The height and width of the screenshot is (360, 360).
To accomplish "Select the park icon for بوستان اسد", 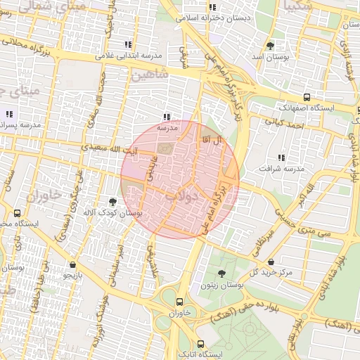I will pos(271,46).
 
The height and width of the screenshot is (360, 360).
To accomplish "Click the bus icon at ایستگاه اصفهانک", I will pos(306,97).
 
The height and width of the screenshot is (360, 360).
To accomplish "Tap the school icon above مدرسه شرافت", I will pos(282,157).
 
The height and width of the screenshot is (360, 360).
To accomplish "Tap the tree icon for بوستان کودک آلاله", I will pos(112,201).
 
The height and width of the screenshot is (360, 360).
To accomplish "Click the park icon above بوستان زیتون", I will pos(222,274).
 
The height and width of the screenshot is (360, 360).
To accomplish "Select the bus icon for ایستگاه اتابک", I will pos(201,344).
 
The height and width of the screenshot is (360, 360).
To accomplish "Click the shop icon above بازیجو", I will pos(74,265).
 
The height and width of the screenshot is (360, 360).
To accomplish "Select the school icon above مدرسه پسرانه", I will pos(10,114).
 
